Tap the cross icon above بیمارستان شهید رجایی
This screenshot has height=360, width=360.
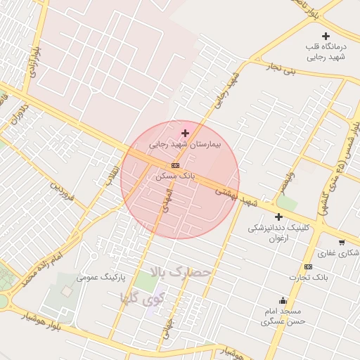tap(185, 133)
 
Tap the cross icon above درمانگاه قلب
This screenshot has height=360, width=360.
tap(325, 36)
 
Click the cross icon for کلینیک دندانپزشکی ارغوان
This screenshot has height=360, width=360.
tap(279, 217)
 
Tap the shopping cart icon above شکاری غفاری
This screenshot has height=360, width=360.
tap(342, 241)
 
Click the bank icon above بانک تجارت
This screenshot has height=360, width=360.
tap(308, 266)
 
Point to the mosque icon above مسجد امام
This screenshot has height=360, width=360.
tap(283, 300)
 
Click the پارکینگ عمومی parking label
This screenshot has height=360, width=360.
tap(101, 277)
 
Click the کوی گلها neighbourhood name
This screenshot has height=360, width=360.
tap(143, 297)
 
